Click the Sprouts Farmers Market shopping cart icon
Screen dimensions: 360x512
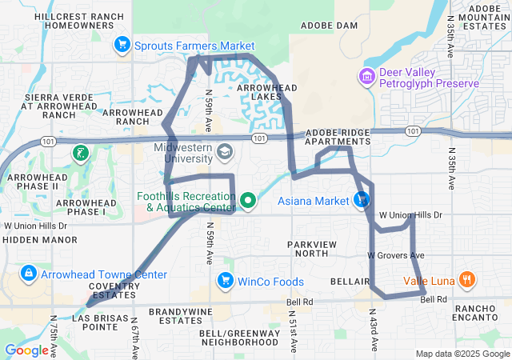[x=122, y=45]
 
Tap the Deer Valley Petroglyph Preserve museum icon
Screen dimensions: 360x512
[x=367, y=77]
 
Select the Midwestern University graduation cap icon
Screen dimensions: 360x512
[x=226, y=150]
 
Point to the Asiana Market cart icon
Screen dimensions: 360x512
[x=362, y=200]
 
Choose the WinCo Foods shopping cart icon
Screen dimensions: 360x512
[x=226, y=281]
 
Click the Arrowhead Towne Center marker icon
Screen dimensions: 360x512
[x=29, y=274]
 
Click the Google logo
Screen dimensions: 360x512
[x=26, y=350]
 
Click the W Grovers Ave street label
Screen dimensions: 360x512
[x=395, y=255]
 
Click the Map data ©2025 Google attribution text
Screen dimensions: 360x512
[x=462, y=354]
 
